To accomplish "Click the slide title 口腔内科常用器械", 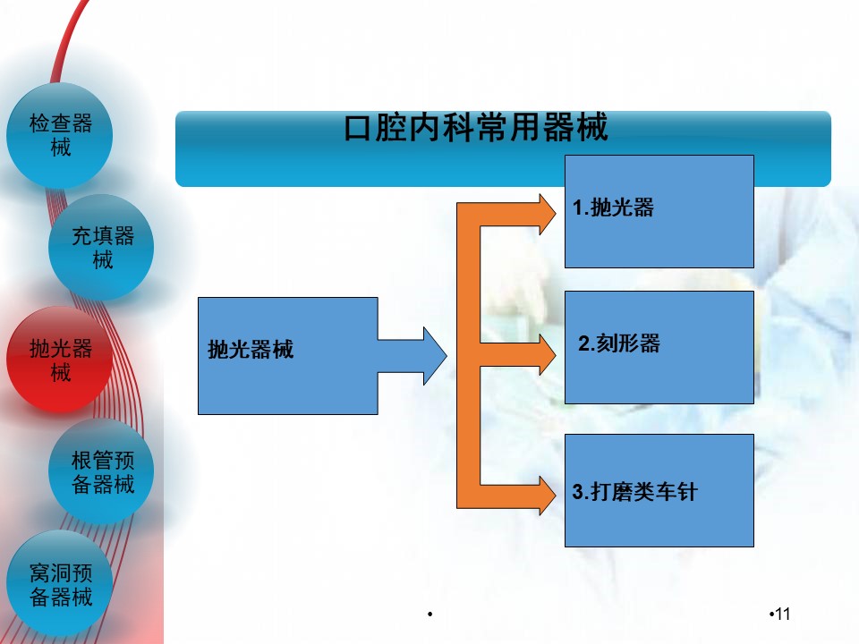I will [x=476, y=129].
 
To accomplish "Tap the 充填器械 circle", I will [x=102, y=248].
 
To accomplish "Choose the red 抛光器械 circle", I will [x=60, y=360].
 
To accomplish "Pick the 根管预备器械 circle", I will [x=102, y=472].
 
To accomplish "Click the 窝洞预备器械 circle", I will [x=60, y=584].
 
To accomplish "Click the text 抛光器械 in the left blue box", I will [x=251, y=350].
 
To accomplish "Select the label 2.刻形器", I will [x=618, y=343].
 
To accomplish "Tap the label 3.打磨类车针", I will [x=634, y=492].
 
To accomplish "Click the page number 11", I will [x=782, y=614].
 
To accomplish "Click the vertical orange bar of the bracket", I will [x=468, y=358].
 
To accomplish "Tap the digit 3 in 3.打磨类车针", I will [x=577, y=493].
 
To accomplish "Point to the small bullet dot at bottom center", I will [x=430, y=614].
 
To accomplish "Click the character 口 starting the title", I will [x=357, y=129].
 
